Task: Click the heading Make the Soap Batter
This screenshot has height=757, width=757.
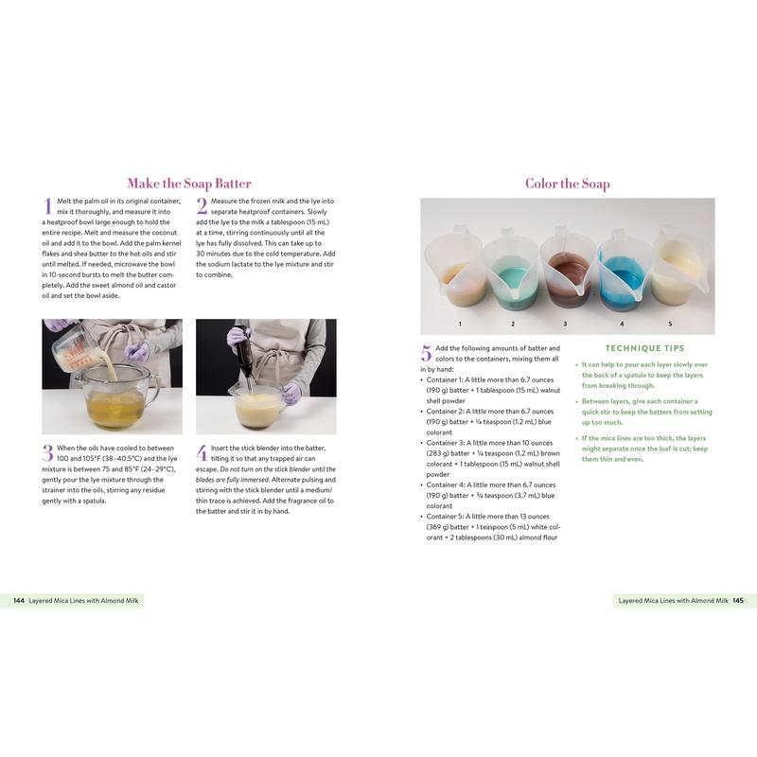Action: click(189, 184)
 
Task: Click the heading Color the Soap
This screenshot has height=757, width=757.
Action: click(567, 184)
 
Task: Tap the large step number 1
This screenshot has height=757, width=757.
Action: click(48, 205)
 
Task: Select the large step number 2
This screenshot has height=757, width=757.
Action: click(202, 205)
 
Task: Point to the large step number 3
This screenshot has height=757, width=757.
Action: click(48, 453)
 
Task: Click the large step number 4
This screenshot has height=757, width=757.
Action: click(202, 453)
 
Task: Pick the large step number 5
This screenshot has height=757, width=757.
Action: click(427, 353)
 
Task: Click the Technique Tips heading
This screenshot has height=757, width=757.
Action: click(645, 348)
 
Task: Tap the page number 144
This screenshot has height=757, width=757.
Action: click(19, 601)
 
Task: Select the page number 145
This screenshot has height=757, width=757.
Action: click(738, 601)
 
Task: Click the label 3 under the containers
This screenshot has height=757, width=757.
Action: click(565, 324)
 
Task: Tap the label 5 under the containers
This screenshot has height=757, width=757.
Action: click(670, 324)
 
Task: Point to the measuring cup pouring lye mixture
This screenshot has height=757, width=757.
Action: click(74, 348)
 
